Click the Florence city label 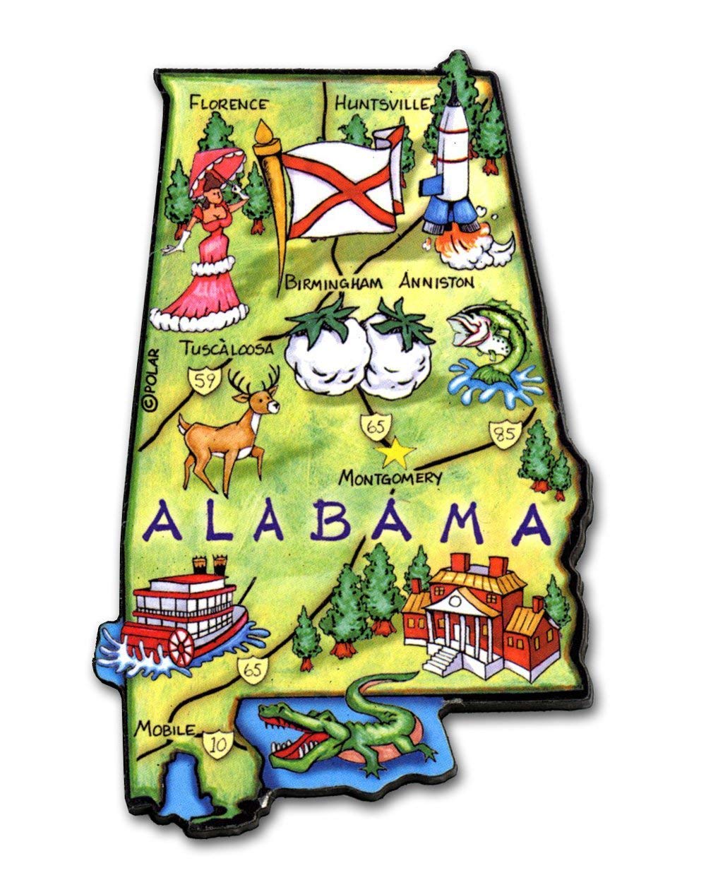click(229, 104)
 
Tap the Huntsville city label click(382, 104)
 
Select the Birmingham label click(334, 283)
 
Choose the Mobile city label click(164, 728)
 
